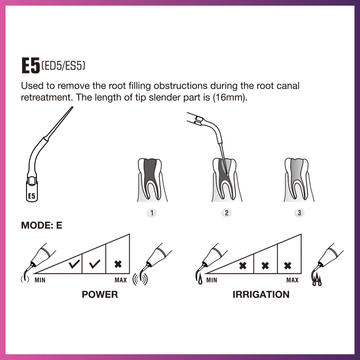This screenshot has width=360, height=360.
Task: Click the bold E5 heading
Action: (31, 66)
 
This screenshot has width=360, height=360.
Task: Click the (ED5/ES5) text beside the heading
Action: (63, 66)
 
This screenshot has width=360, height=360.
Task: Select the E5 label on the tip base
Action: (32, 196)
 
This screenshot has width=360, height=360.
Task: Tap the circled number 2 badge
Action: (226, 213)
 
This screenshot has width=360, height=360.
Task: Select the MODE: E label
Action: (41, 226)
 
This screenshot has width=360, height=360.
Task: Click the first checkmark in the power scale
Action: (74, 265)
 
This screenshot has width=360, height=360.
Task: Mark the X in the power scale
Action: (118, 264)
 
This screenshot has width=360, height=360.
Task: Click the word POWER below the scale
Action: (100, 294)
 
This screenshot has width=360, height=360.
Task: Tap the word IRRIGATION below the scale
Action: (261, 294)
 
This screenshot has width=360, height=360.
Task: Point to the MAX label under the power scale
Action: (121, 280)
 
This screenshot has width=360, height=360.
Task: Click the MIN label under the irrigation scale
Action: (212, 280)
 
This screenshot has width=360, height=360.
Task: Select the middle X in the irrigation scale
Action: (265, 266)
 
